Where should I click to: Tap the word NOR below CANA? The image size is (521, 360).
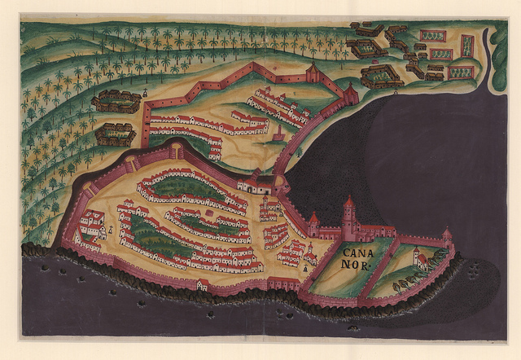point(356,265)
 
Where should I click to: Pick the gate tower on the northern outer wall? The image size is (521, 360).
point(313,75)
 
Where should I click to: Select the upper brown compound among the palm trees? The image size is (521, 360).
point(116,100)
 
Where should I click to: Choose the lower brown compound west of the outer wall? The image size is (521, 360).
point(115,133)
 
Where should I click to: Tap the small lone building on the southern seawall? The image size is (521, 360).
point(203,285)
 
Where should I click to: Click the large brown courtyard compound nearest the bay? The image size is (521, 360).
point(381,77)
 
